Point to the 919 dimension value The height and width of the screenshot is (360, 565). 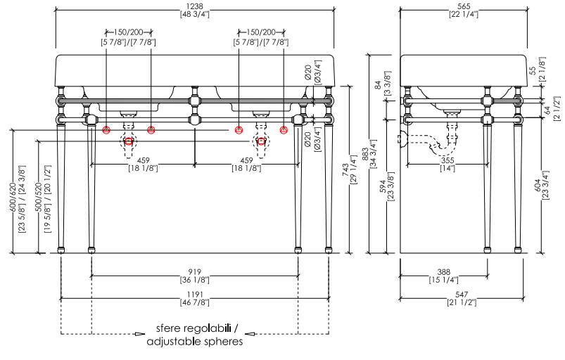click(194, 271)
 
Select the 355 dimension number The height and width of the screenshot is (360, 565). click(447, 160)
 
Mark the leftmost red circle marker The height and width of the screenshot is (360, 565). click(106, 130)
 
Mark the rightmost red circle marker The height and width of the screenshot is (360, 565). click(284, 130)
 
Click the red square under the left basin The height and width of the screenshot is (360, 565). click(128, 141)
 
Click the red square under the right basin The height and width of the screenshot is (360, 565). click(262, 141)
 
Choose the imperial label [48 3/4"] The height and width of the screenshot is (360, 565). click(194, 14)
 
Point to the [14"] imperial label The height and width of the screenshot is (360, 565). click(447, 169)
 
